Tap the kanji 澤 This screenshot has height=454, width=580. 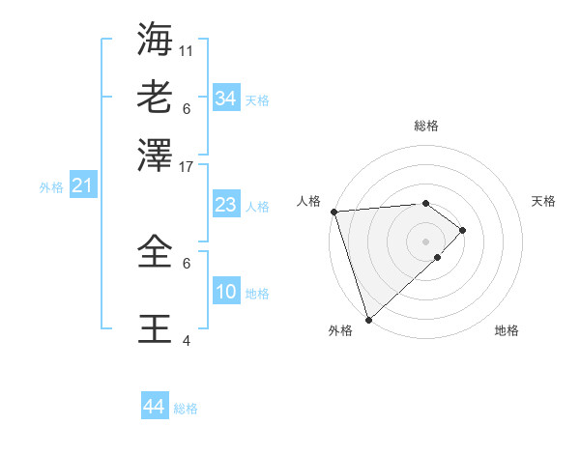(x=156, y=154)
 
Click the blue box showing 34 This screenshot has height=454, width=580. (x=225, y=99)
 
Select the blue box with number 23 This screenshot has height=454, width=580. (x=225, y=205)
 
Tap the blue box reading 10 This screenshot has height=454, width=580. (x=225, y=292)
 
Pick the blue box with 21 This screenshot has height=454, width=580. (x=81, y=186)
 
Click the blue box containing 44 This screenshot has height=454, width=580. (x=154, y=407)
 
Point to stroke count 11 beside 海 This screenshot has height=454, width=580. (x=187, y=49)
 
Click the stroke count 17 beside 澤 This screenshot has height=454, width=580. (x=187, y=165)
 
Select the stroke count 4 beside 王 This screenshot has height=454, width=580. (x=187, y=340)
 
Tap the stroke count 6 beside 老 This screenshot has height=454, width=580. (x=187, y=107)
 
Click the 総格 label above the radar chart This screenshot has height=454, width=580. (x=426, y=126)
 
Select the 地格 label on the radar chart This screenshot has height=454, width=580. (x=507, y=330)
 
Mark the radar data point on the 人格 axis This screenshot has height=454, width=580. (x=333, y=212)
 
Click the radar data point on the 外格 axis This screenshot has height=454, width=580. (x=368, y=319)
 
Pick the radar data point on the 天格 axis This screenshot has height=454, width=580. (x=463, y=230)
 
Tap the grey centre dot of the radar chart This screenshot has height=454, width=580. (x=426, y=241)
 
